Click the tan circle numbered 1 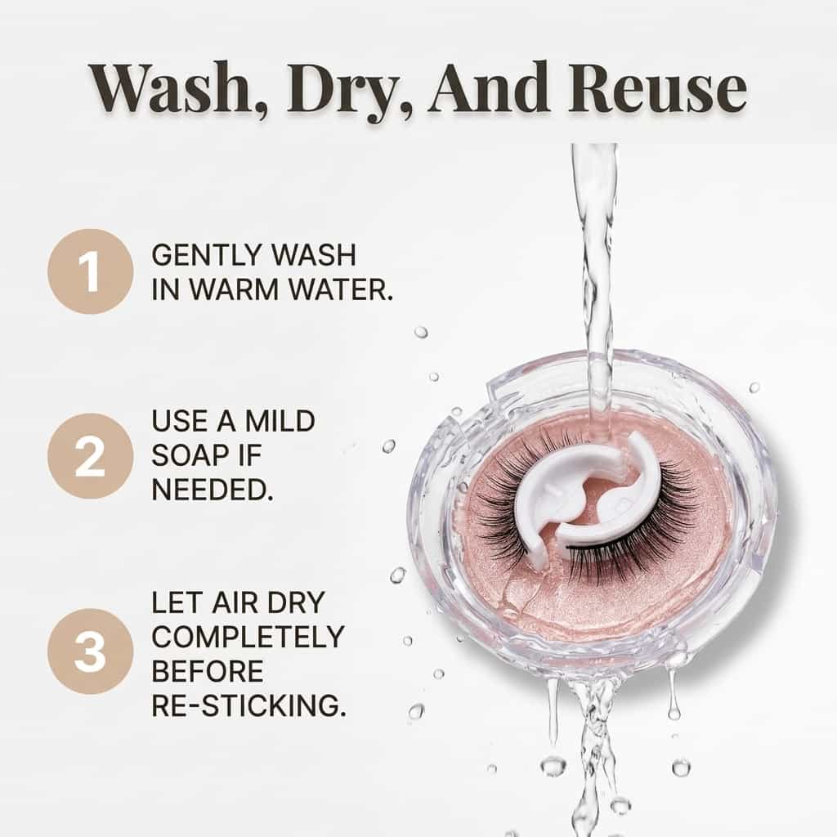[x=90, y=271]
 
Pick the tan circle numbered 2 [x=90, y=456]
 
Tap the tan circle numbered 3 [x=90, y=651]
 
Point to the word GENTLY [x=204, y=255]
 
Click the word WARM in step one [x=242, y=289]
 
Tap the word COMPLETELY [x=248, y=636]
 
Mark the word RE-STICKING [x=248, y=705]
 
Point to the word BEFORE [x=208, y=671]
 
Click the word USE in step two [x=179, y=421]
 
